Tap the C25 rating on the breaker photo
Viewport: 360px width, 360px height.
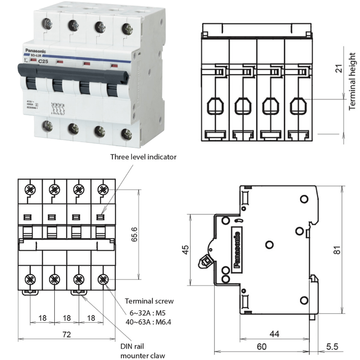(44, 62)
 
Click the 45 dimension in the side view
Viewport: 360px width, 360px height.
(185, 250)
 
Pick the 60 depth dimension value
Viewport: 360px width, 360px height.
(262, 346)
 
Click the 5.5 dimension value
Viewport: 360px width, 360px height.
(331, 346)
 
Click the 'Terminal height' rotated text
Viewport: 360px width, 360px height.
(352, 81)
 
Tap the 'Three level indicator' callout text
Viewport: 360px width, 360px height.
(143, 157)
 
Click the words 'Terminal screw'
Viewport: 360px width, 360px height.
(149, 301)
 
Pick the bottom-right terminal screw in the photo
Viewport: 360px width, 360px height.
(126, 133)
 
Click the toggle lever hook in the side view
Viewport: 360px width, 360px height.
(206, 262)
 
